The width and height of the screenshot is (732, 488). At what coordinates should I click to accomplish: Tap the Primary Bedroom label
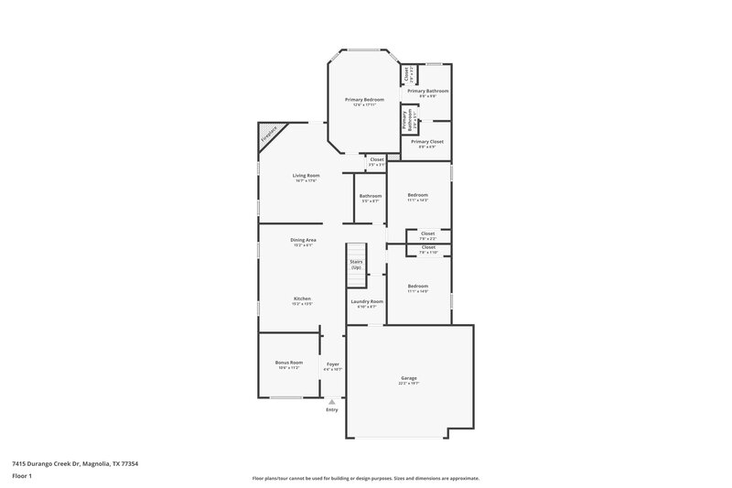[364, 99]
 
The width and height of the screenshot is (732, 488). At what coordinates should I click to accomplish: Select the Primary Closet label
[426, 142]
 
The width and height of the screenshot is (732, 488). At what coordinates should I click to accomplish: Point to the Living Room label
[306, 175]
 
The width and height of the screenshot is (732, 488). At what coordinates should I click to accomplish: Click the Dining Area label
[303, 240]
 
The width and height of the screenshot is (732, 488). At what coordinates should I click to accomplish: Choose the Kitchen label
[303, 298]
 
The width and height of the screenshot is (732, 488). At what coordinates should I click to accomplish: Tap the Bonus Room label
[288, 363]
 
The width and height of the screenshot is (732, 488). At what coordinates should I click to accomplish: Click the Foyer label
[333, 364]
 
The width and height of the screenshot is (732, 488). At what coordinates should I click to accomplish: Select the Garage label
[409, 378]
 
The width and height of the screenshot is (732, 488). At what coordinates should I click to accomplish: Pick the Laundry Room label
[367, 301]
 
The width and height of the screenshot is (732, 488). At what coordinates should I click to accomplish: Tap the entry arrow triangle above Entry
[332, 401]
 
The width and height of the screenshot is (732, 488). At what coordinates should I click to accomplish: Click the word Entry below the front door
[331, 409]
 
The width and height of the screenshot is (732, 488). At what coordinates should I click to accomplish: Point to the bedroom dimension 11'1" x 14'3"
[417, 200]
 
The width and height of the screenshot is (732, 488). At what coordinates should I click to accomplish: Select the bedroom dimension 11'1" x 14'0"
[417, 291]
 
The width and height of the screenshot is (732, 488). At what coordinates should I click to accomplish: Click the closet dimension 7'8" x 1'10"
[428, 252]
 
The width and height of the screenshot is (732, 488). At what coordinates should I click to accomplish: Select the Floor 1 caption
[23, 477]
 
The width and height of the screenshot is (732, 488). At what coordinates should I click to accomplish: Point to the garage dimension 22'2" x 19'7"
[409, 384]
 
